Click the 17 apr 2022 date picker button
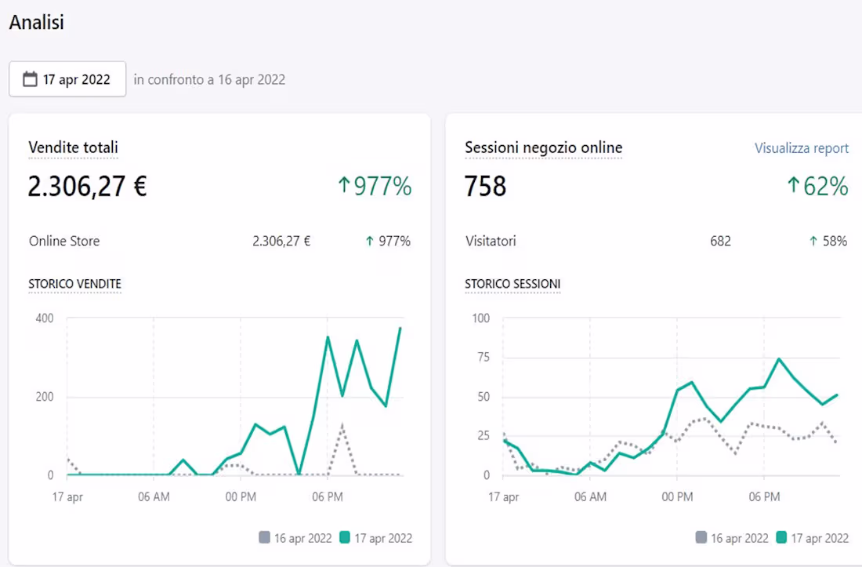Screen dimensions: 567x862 coord(67,79)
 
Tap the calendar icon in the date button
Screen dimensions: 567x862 coord(31,79)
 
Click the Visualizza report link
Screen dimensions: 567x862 coord(801,148)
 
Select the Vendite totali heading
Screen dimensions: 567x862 coord(73,147)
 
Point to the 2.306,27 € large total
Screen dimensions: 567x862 coord(87,187)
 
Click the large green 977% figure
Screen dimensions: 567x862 coord(375,187)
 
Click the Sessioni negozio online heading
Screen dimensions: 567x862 coord(543,147)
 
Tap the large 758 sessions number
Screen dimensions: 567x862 coord(485,187)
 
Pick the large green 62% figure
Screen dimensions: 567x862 coord(817,187)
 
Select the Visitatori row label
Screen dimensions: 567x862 coord(491,242)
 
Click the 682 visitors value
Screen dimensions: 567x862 coord(720,242)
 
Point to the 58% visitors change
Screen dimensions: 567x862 coord(828,242)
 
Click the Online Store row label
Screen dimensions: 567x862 coord(64,242)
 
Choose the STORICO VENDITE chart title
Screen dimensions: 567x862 coord(74,284)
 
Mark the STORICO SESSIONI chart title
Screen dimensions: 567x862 coord(512,284)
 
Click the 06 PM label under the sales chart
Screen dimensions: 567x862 coord(328,497)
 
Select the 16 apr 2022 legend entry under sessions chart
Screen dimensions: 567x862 coord(732,538)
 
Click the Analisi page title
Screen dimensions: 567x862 coord(36,23)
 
